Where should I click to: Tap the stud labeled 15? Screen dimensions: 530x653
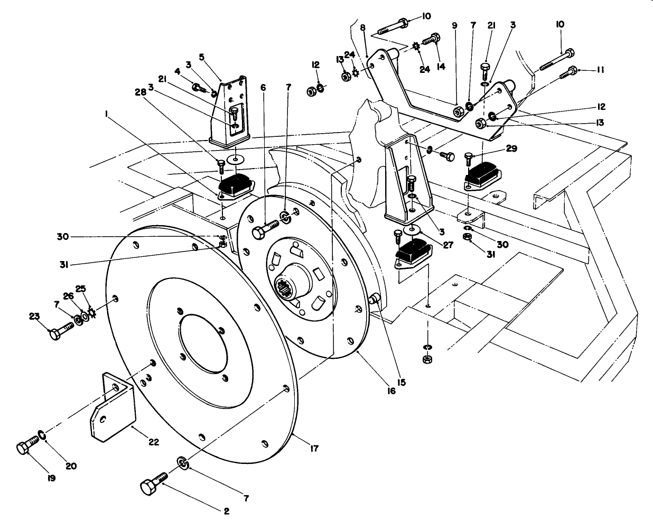(375, 300)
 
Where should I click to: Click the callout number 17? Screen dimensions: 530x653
(314, 449)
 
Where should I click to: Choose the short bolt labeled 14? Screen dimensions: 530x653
(432, 38)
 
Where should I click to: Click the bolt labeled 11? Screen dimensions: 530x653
(567, 73)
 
